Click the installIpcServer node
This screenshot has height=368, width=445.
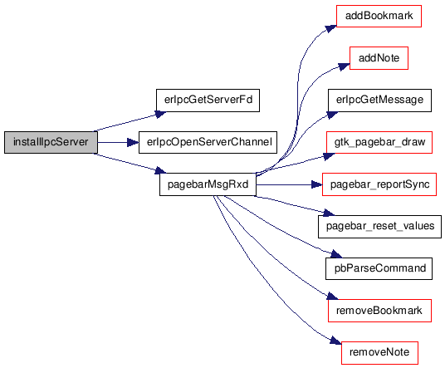tap(51, 142)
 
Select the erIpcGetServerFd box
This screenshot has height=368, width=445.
tap(208, 101)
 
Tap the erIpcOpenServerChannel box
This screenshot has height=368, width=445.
tap(208, 142)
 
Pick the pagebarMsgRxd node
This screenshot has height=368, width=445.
tap(208, 184)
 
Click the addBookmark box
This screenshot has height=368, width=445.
tap(379, 16)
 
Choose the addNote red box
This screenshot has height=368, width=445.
tap(379, 58)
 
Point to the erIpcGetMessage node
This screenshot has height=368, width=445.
tap(379, 101)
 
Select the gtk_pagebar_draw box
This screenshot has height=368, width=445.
tap(379, 142)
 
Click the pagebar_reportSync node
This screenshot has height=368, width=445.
tap(379, 184)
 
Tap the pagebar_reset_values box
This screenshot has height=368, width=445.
tap(379, 226)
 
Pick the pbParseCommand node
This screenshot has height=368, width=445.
tap(379, 268)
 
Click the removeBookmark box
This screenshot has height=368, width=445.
tap(379, 311)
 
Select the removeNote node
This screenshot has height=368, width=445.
tap(379, 353)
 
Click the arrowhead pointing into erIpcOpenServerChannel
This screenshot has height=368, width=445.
tap(133, 142)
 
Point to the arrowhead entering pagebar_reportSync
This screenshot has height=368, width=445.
tap(316, 184)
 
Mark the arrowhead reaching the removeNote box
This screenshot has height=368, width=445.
tap(336, 341)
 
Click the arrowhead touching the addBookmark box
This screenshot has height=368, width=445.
tap(331, 29)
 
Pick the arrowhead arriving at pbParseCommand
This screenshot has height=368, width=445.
tap(336, 254)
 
